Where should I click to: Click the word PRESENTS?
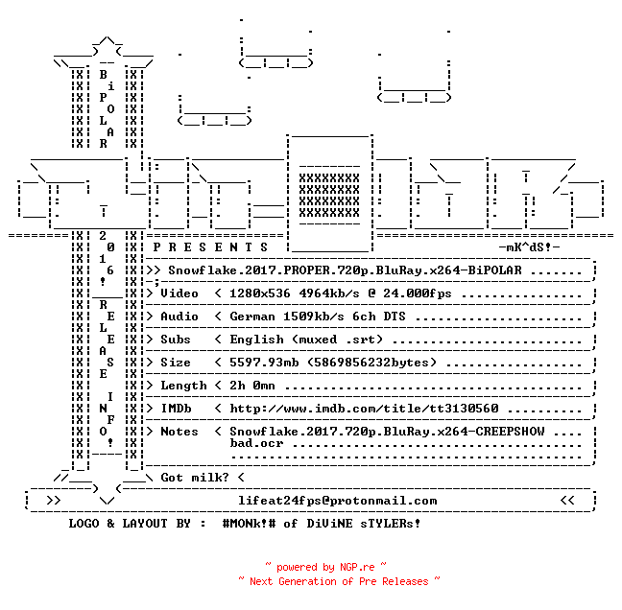[210, 247]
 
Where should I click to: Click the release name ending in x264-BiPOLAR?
[345, 270]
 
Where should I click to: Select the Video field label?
[179, 293]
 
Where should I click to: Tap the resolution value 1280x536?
[260, 293]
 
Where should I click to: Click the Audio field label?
[179, 317]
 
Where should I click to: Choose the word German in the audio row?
[252, 317]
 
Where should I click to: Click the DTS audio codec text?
[395, 317]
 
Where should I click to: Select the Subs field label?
[176, 340]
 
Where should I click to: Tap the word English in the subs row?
[256, 340]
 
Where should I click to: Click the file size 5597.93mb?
[264, 363]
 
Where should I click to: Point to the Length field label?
[183, 386]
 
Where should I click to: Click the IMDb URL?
[364, 409]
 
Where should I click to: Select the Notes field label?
[179, 432]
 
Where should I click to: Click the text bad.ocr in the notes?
[256, 443]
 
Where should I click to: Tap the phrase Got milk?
[195, 478]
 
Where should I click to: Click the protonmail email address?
[337, 501]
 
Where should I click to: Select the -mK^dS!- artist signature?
[529, 247]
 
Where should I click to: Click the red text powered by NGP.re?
[325, 567]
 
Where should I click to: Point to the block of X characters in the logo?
[329, 196]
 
